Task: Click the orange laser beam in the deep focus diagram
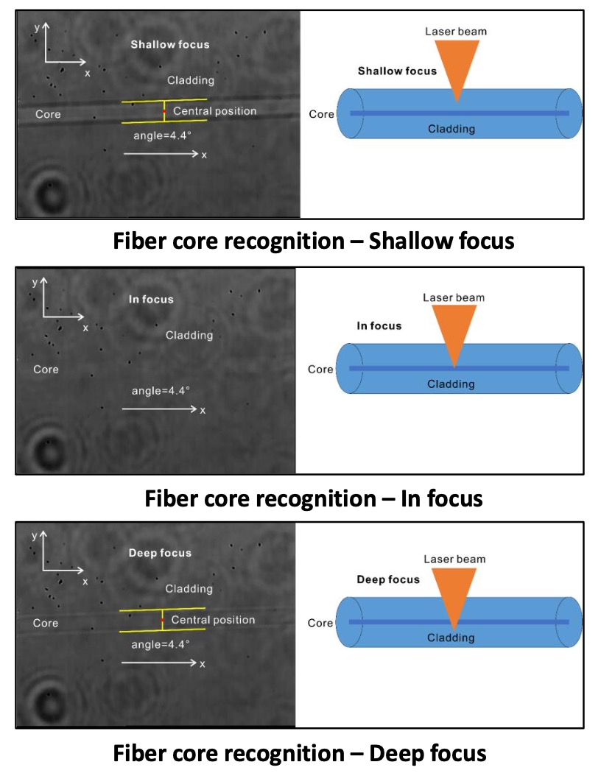454,593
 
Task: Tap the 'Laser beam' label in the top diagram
456,32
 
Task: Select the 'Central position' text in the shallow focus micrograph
214,111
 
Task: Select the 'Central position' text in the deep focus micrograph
213,621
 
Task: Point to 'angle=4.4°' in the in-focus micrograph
161,390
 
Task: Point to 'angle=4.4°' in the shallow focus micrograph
162,136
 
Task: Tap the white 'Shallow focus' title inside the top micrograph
170,44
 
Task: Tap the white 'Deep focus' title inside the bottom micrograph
160,553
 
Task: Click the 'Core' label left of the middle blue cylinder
320,369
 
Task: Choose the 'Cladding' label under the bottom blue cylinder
451,638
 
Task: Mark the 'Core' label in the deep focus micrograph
46,623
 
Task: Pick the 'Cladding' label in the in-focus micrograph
189,335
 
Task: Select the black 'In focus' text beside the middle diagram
379,325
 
